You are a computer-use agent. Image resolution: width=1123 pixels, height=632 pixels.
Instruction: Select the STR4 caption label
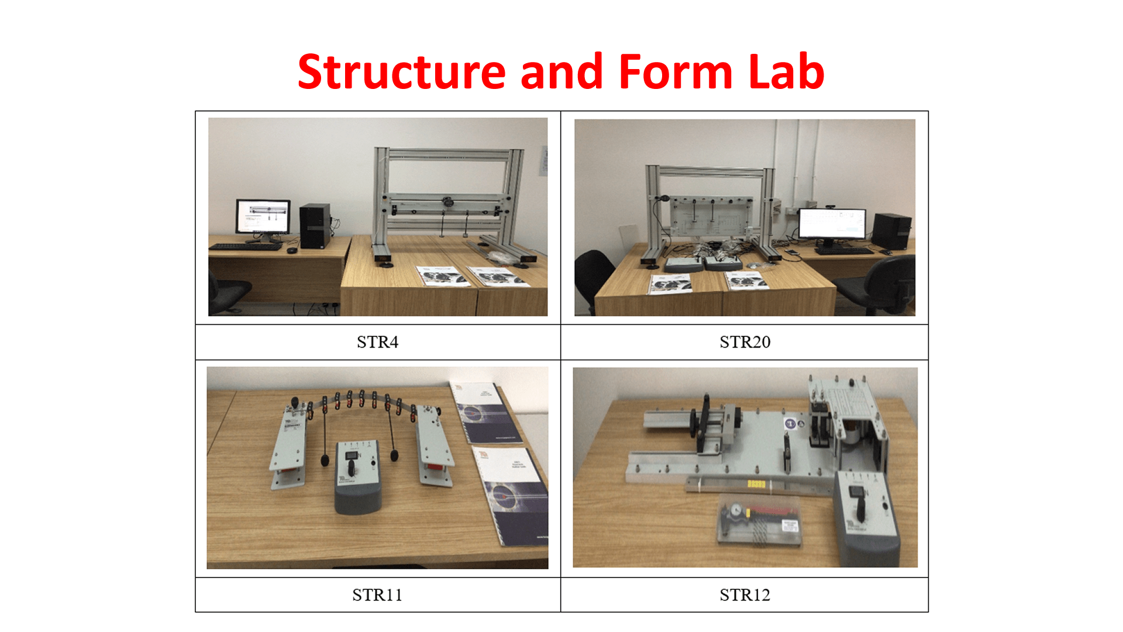tap(377, 342)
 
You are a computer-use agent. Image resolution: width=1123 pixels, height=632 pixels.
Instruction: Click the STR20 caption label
tap(745, 342)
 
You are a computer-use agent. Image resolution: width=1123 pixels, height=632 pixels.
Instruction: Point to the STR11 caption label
tap(377, 595)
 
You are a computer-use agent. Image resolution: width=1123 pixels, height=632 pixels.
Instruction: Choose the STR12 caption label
tap(745, 595)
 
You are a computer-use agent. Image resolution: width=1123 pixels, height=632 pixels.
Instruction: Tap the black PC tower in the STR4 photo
tap(315, 226)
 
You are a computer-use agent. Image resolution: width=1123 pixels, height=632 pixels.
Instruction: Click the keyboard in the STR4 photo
tap(246, 247)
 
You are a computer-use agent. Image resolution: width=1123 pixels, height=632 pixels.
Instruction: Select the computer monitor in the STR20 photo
tap(832, 226)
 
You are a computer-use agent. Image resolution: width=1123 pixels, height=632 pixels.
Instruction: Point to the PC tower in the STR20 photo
tap(891, 232)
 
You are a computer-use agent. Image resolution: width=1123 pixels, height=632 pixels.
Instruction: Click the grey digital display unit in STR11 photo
tap(357, 478)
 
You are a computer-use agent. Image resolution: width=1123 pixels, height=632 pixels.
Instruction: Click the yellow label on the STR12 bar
tap(756, 484)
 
